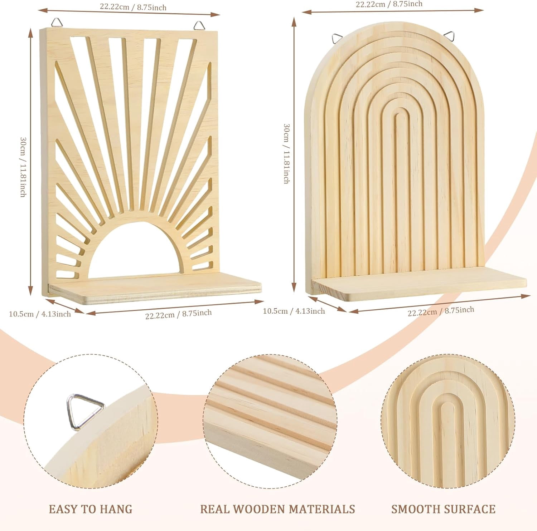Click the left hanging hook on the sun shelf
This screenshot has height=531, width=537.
[x=57, y=23]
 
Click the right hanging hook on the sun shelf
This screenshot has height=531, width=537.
[x=199, y=25]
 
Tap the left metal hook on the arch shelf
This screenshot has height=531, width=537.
[x=337, y=37]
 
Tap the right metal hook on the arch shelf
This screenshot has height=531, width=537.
[x=449, y=36]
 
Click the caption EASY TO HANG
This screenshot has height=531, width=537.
[x=91, y=509]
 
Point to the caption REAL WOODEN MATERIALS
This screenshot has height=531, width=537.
[x=277, y=509]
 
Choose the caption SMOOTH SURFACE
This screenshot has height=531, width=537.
[x=443, y=509]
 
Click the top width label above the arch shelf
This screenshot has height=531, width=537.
[x=389, y=4]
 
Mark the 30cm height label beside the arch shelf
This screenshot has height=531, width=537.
[x=286, y=154]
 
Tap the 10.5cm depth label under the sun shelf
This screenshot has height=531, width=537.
[x=40, y=314]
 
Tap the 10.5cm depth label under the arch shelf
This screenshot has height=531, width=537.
[x=294, y=311]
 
